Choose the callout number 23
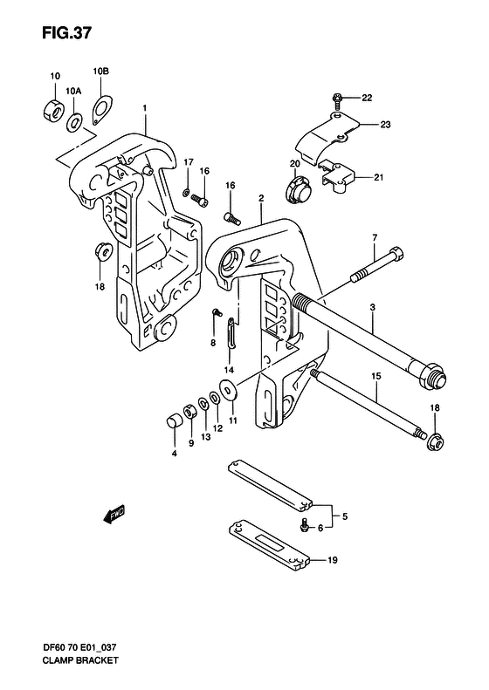click(385, 125)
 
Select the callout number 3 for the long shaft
click(372, 308)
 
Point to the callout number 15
click(376, 377)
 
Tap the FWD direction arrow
click(114, 516)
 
